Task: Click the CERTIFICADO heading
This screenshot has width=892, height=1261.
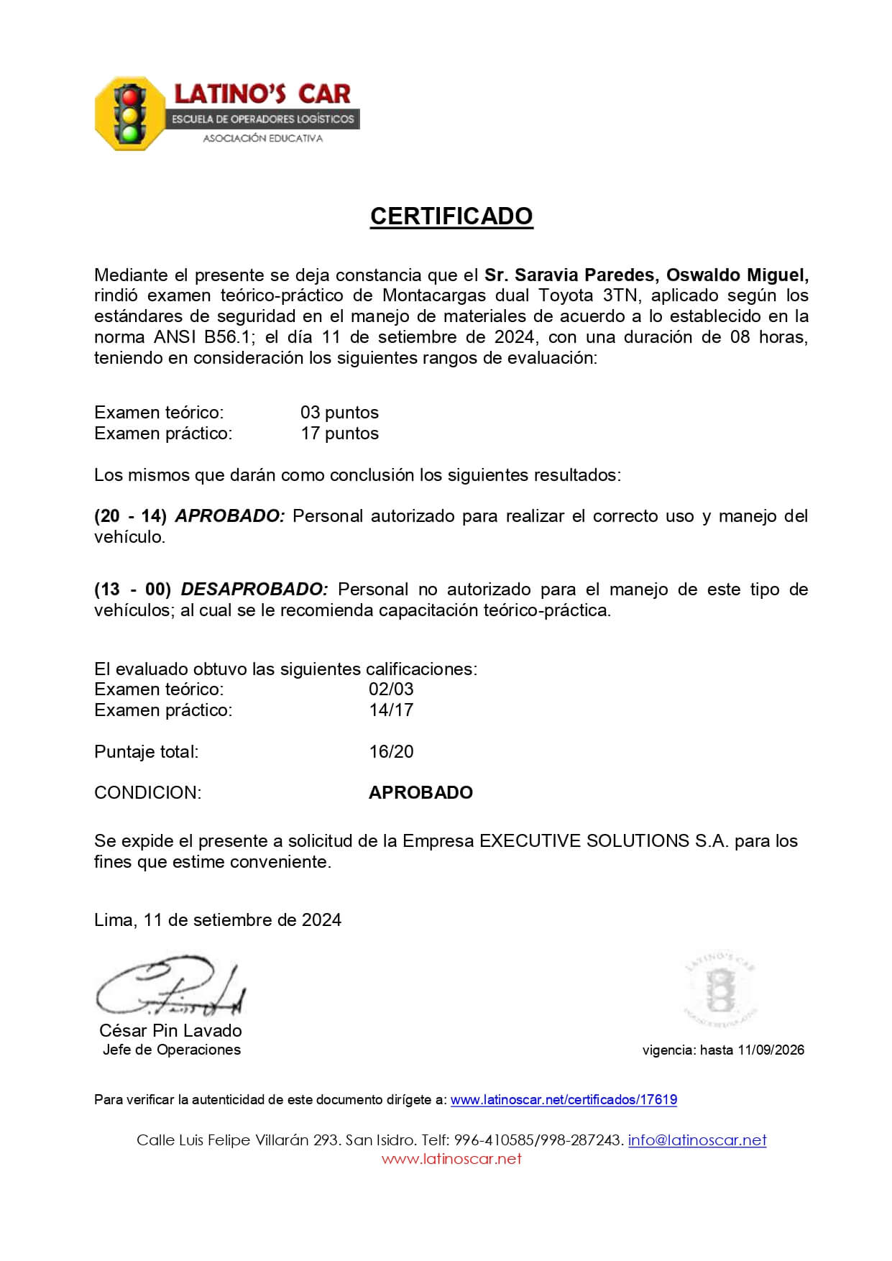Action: (451, 216)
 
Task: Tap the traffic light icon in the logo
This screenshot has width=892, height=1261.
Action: (130, 114)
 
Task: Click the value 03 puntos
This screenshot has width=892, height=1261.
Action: (339, 413)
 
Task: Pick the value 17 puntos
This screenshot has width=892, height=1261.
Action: (339, 434)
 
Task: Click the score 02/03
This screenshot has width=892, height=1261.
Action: (391, 689)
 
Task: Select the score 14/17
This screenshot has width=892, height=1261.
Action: (391, 710)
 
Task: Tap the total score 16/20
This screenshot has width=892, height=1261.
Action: (391, 752)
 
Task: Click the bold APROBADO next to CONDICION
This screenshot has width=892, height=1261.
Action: (420, 793)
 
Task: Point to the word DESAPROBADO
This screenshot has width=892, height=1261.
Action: (254, 590)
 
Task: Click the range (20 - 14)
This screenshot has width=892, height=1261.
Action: (130, 516)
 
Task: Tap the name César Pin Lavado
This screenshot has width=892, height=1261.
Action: (170, 1031)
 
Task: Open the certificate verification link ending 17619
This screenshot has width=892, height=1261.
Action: (564, 1100)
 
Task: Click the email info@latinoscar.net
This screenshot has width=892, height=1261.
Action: (697, 1140)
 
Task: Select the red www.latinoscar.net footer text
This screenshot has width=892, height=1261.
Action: (451, 1159)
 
